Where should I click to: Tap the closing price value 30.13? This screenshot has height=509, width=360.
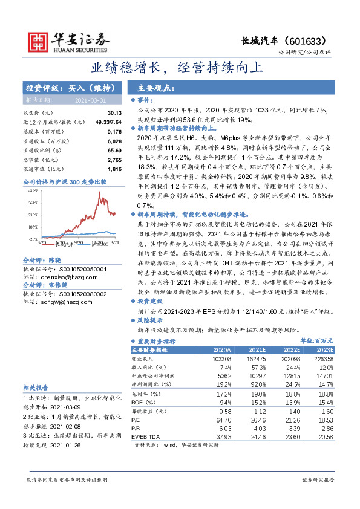click(x=114, y=113)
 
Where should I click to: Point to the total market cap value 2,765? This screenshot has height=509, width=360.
click(x=114, y=159)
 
